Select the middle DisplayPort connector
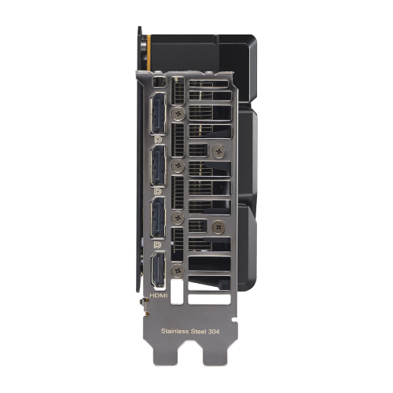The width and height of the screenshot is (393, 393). pos(156,164)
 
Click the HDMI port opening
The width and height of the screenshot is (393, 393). pos(156,272)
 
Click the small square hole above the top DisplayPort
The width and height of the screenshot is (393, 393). pos(160,82)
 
